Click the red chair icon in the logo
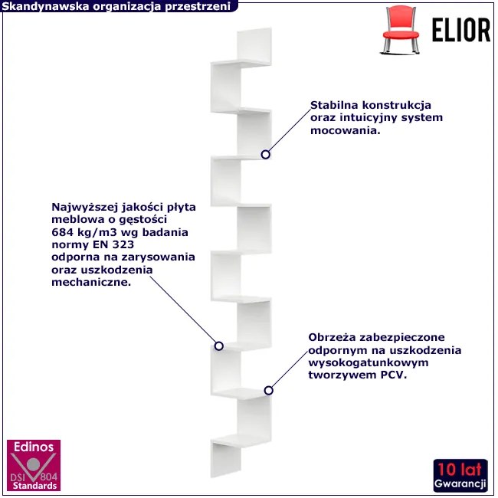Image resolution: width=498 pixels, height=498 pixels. pos(400,29)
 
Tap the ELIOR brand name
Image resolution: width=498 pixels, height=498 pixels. pos(460,30)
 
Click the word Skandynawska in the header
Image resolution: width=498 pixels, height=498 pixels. pos(45,6)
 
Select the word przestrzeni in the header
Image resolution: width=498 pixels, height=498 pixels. pos(198,6)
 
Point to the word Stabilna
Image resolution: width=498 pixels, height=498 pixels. pos(335,105)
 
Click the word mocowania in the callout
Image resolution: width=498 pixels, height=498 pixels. pos(346,130)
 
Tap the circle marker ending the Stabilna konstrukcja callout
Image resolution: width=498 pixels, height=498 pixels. pos(266,155)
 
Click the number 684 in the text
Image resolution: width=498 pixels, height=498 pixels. pos(62,232)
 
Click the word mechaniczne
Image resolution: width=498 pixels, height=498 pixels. pos(91,282)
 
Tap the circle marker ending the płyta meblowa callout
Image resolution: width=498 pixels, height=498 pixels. pos(219,346)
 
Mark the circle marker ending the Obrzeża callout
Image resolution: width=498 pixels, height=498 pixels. pos(269,390)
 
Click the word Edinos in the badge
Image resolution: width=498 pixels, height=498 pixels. pos(34,447)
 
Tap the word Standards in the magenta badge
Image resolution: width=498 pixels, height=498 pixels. pos(34,486)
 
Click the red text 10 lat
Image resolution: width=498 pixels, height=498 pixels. pos(460,470)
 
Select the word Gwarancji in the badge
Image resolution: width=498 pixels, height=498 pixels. pos(460,483)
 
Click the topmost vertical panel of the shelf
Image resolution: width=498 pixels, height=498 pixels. pos(254,45)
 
